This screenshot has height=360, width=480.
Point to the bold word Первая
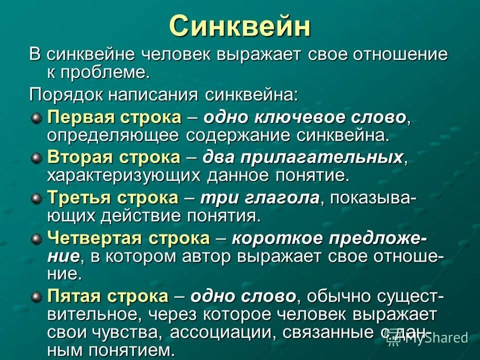pyautogui.click(x=80, y=117)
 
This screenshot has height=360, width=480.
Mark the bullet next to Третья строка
pyautogui.click(x=36, y=198)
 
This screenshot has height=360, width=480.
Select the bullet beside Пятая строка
pyautogui.click(x=36, y=297)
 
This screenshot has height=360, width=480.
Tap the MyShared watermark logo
pyautogui.click(x=428, y=338)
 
